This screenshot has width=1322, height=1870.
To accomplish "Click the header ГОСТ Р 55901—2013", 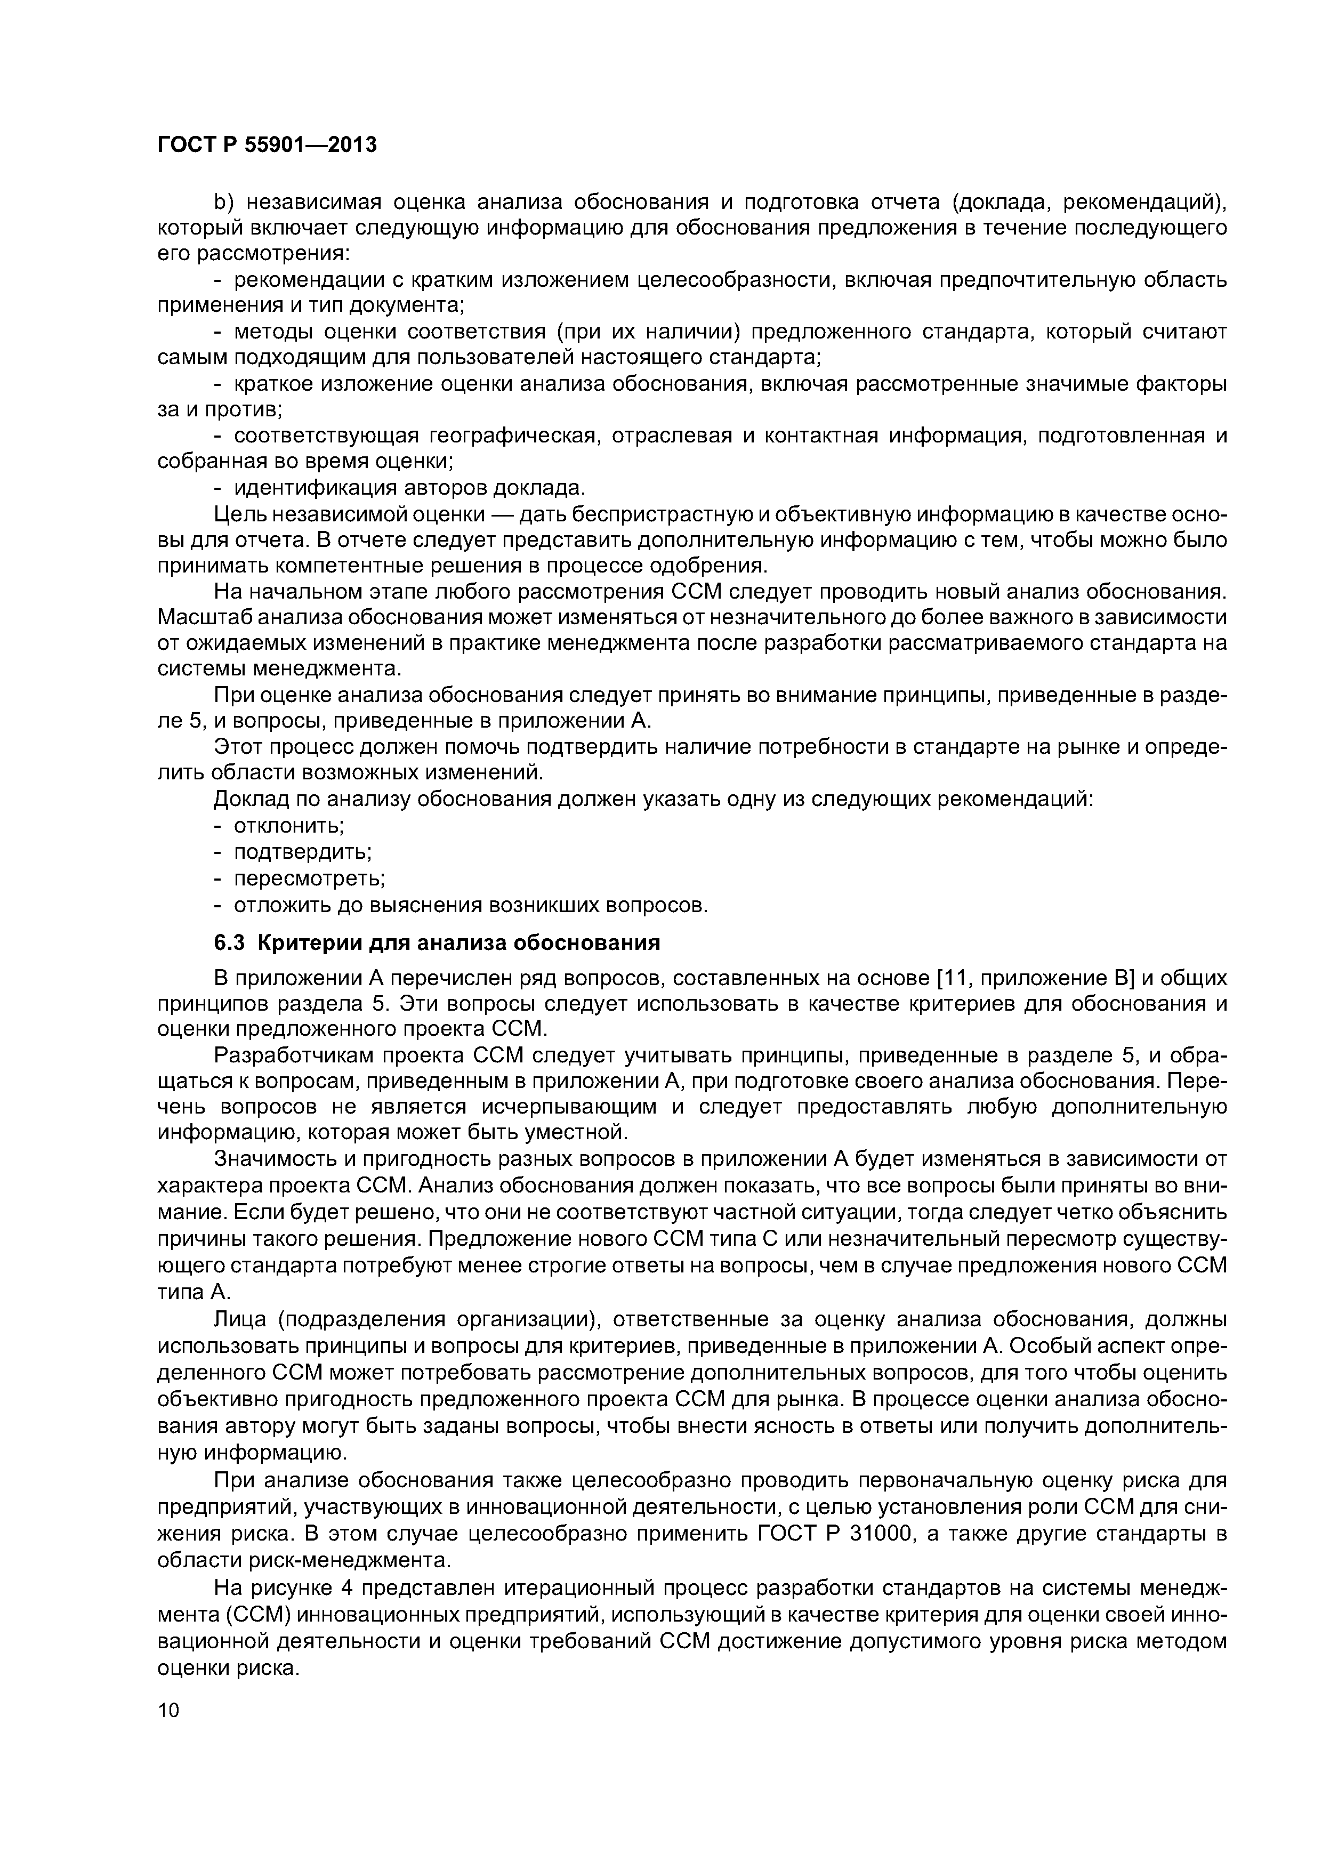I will pos(267,146).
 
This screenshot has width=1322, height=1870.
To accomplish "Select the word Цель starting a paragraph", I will pos(239,514).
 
